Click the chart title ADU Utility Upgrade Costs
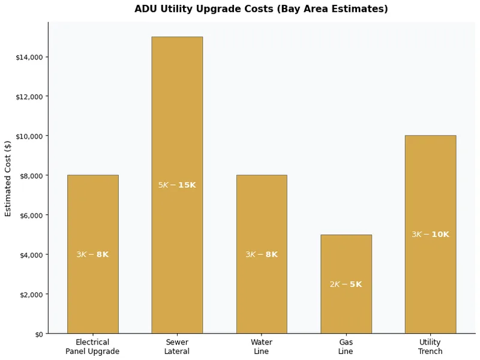pyautogui.click(x=261, y=9)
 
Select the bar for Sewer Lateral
pyautogui.click(x=177, y=120)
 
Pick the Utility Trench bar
pyautogui.click(x=430, y=180)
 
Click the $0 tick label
pyautogui.click(x=38, y=334)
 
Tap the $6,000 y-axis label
pyautogui.click(x=31, y=215)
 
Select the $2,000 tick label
pyautogui.click(x=31, y=295)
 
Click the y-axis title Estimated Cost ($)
pyautogui.click(x=8, y=178)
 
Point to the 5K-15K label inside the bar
pyautogui.click(x=177, y=185)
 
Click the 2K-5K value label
pyautogui.click(x=346, y=284)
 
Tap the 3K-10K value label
pyautogui.click(x=430, y=235)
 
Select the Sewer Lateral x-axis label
pyautogui.click(x=177, y=347)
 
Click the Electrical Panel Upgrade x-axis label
pyautogui.click(x=92, y=347)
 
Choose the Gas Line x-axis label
pyautogui.click(x=346, y=347)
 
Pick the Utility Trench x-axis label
pyautogui.click(x=430, y=347)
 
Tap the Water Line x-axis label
pyautogui.click(x=262, y=347)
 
